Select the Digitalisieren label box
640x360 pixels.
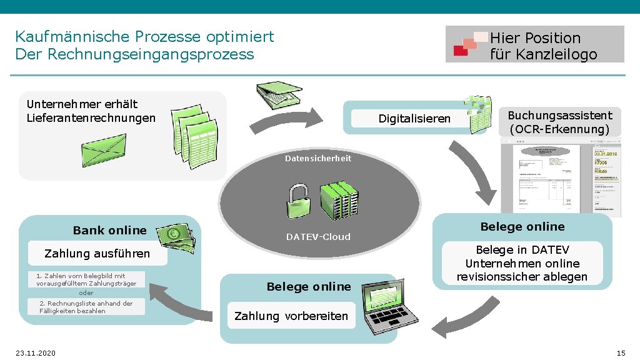pyautogui.click(x=414, y=119)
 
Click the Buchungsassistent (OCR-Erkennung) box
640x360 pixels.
pyautogui.click(x=560, y=122)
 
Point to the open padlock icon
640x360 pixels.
pyautogui.click(x=297, y=201)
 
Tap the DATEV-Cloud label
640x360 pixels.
pyautogui.click(x=318, y=237)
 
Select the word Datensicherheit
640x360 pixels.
pyautogui.click(x=318, y=159)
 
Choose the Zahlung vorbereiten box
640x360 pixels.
pyautogui.click(x=291, y=316)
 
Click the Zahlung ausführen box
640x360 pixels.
pyautogui.click(x=97, y=254)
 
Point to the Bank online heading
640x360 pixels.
pyautogui.click(x=109, y=231)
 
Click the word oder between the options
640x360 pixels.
pyautogui.click(x=86, y=293)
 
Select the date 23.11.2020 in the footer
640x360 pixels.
pyautogui.click(x=36, y=353)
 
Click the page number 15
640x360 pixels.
pyautogui.click(x=621, y=353)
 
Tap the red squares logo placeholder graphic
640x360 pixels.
pyautogui.click(x=465, y=45)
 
